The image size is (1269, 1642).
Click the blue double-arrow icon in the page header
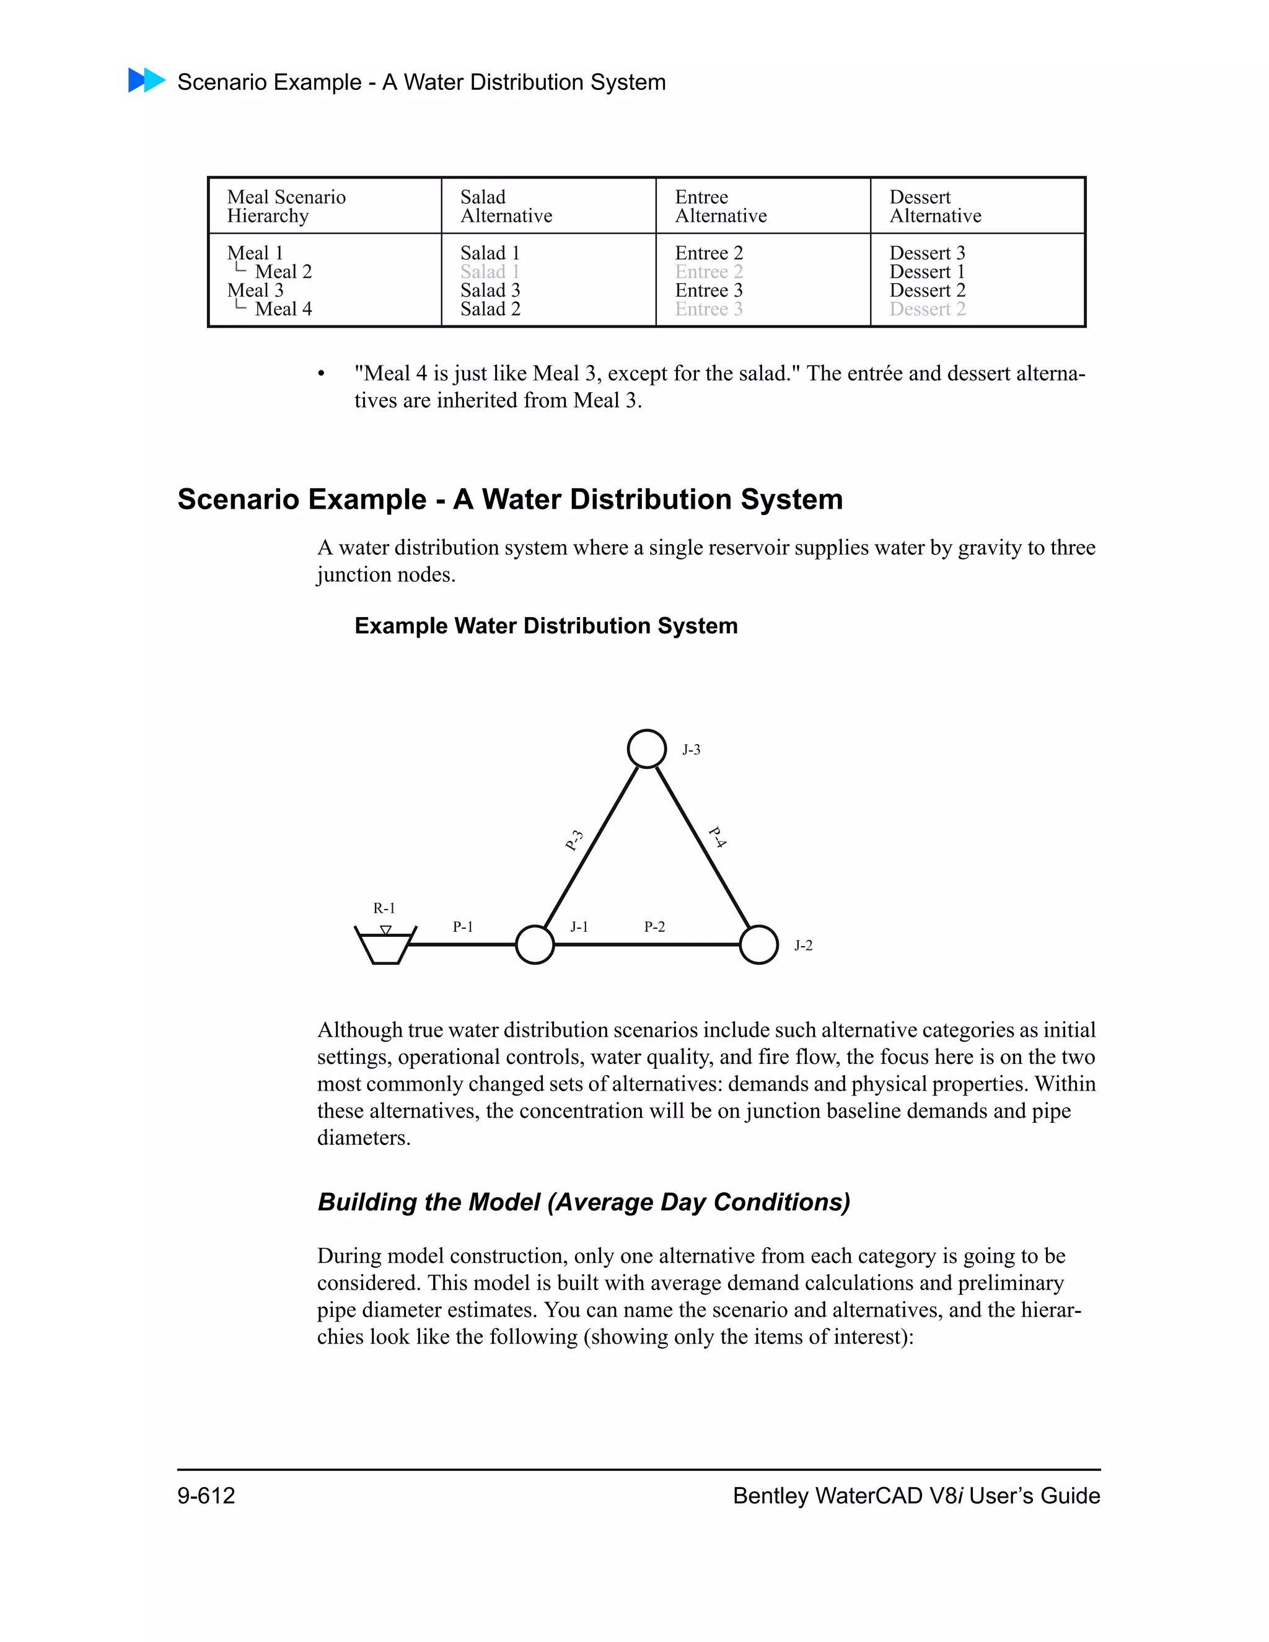[x=147, y=81]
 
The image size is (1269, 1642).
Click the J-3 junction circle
[x=646, y=749]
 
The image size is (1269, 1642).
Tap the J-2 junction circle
[x=758, y=944]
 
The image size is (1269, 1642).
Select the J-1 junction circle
[x=535, y=944]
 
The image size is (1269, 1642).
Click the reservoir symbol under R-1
[x=385, y=947]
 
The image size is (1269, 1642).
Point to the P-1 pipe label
[x=463, y=927]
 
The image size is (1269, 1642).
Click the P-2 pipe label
[x=654, y=927]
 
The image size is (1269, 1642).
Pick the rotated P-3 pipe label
[x=574, y=841]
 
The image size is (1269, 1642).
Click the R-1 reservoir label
[x=384, y=908]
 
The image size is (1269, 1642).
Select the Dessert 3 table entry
[x=927, y=253]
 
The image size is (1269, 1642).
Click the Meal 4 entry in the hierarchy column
[x=283, y=309]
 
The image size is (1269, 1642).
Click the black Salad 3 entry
[x=490, y=290]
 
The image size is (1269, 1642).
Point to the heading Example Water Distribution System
[x=546, y=626]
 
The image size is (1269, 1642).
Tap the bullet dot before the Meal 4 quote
[x=321, y=374]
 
